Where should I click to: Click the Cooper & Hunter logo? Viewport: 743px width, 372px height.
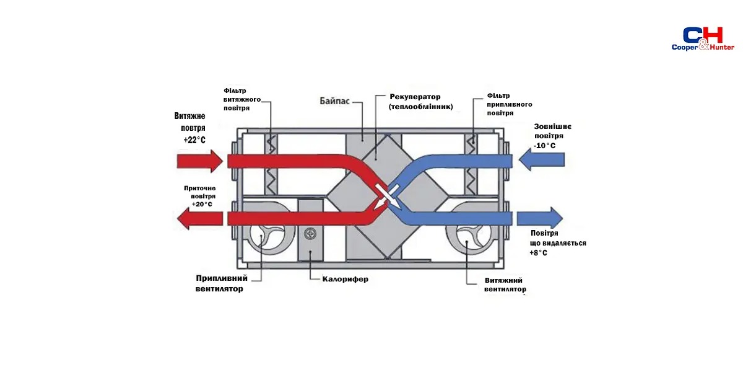click(703, 39)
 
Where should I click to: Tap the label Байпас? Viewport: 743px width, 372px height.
click(334, 101)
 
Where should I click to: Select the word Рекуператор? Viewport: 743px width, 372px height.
click(415, 97)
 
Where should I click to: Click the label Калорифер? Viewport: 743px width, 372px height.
click(345, 279)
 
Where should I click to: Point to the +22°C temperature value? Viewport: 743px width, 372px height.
click(194, 140)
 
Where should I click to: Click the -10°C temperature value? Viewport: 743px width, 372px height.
click(544, 146)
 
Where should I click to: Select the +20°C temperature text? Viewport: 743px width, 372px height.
click(202, 204)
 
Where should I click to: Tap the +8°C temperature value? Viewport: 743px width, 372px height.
click(538, 253)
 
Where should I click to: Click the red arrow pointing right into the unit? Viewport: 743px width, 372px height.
click(199, 161)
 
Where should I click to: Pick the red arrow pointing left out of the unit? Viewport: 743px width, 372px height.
click(199, 218)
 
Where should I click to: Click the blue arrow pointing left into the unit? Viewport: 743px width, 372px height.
click(542, 160)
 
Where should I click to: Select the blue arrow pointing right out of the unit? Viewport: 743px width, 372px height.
click(540, 218)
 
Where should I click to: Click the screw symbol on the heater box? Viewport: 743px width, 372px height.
click(310, 234)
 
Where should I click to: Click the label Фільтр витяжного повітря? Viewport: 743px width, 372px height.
click(242, 99)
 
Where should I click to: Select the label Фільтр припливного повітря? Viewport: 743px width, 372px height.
click(510, 104)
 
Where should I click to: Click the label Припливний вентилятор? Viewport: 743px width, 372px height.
click(221, 283)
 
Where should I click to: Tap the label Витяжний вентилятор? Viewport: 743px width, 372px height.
click(505, 285)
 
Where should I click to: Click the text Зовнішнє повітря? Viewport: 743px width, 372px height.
click(552, 131)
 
